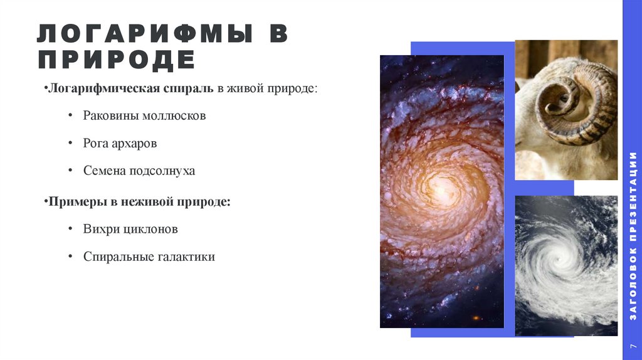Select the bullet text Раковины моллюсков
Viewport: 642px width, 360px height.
tap(144, 116)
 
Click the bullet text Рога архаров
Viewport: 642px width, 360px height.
tap(120, 144)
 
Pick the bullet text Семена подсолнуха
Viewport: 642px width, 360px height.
tap(139, 171)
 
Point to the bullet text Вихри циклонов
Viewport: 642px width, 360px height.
tap(130, 229)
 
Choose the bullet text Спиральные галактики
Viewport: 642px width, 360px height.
tap(149, 257)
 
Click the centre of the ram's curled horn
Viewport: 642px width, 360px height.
tap(560, 100)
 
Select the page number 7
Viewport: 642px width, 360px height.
tap(633, 346)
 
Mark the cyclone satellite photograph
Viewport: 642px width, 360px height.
tap(566, 265)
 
